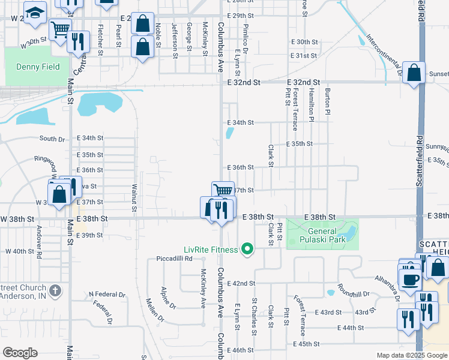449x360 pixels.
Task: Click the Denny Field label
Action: [x=34, y=67]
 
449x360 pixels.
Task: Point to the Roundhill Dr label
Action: [x=354, y=291]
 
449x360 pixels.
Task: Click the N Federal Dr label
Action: [x=107, y=295]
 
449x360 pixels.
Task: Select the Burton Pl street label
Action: [x=328, y=100]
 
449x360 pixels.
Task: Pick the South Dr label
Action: [x=52, y=139]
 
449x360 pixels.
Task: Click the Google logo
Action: [x=20, y=353]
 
